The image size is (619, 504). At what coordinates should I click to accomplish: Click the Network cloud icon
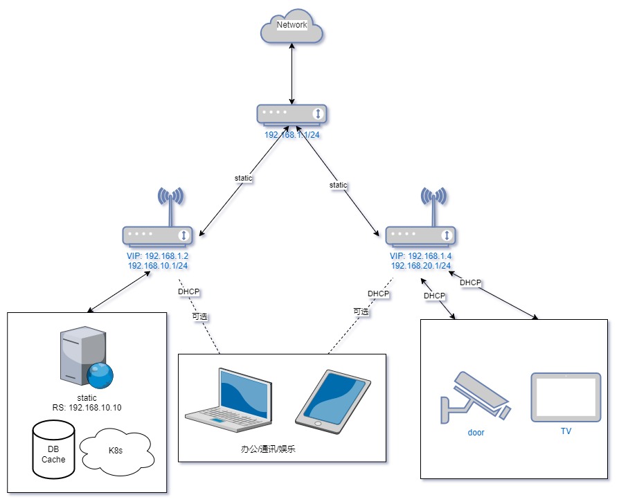click(x=291, y=27)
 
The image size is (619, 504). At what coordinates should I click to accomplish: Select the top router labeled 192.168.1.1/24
click(x=291, y=114)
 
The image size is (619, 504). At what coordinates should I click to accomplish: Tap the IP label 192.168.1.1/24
click(x=291, y=135)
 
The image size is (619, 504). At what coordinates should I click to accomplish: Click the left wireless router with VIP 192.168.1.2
click(x=158, y=235)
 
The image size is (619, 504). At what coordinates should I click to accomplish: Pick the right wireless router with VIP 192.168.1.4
click(x=421, y=235)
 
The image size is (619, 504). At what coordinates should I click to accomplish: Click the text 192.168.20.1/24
click(x=421, y=265)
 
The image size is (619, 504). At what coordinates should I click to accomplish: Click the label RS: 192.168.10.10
click(x=87, y=407)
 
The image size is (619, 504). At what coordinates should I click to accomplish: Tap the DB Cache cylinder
click(x=53, y=449)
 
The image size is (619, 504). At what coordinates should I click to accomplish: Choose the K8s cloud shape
click(x=116, y=451)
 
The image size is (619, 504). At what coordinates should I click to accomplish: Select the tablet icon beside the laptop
click(x=333, y=401)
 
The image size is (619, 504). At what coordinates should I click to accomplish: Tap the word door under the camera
click(x=476, y=432)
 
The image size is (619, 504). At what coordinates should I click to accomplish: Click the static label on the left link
click(x=244, y=178)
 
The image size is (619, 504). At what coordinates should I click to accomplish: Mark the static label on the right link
click(x=338, y=185)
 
